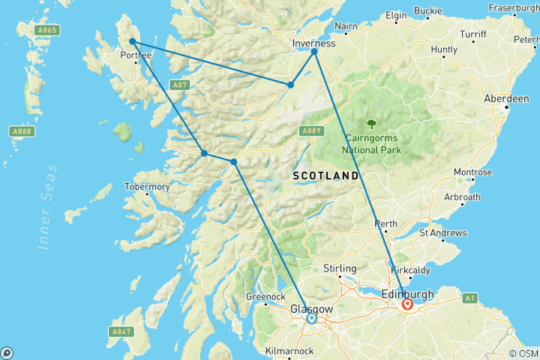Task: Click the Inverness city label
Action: point(313,43)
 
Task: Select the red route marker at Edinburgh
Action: point(407,304)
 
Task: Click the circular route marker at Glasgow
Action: point(311,319)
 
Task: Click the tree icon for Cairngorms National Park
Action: point(371,124)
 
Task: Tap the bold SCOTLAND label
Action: point(325,175)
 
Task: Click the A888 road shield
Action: point(22,131)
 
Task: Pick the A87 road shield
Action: point(178,84)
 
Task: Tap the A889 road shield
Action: point(312,130)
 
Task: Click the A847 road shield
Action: point(121,331)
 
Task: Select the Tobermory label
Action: point(147,186)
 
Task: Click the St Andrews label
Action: point(443,233)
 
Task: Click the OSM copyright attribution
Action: point(523,352)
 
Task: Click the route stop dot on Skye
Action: point(132,42)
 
